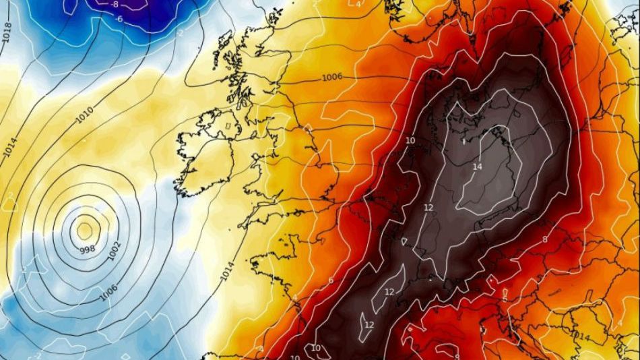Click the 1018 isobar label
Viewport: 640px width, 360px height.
tap(7, 31)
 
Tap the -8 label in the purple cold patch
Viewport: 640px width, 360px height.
tap(115, 4)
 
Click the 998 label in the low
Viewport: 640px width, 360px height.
tap(87, 250)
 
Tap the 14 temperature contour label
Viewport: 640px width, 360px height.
tap(478, 166)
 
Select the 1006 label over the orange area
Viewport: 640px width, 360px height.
tap(331, 77)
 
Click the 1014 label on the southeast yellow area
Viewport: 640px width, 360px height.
tap(580, 335)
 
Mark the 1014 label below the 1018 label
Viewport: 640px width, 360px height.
tap(9, 146)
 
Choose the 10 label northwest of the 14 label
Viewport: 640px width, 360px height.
tap(410, 140)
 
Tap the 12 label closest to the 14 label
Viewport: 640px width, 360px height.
tap(428, 207)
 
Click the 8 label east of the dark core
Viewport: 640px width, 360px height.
tap(544, 239)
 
